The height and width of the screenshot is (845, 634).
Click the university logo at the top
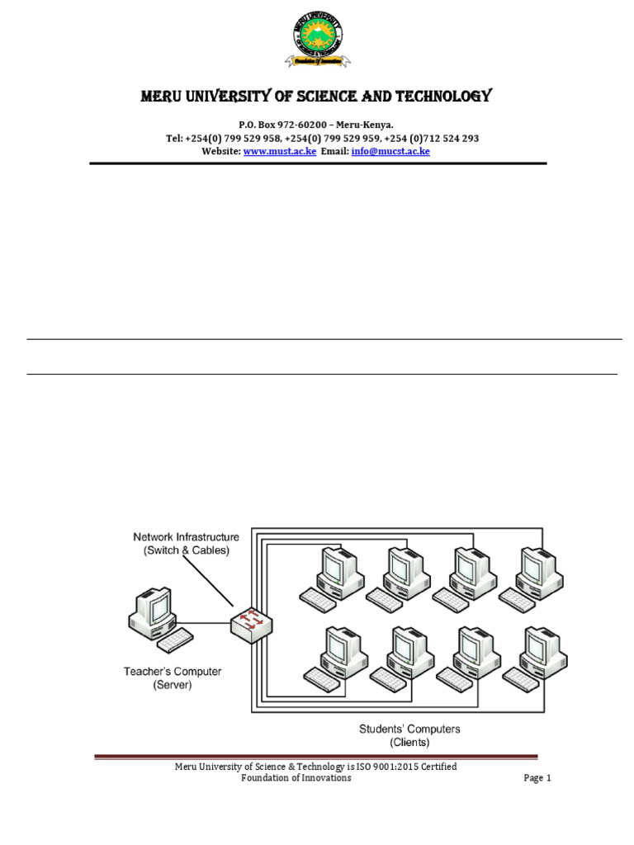317,37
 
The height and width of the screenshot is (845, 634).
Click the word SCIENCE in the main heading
307,97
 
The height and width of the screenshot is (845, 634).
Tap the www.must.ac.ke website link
280,152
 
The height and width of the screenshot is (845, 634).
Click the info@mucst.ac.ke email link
390,152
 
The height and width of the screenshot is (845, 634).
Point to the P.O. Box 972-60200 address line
316,125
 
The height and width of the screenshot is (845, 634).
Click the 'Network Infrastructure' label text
187,537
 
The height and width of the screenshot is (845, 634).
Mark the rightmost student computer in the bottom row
543,651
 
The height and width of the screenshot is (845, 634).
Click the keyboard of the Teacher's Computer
175,639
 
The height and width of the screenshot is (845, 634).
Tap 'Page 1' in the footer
537,778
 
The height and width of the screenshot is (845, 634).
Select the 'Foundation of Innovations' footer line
296,778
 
